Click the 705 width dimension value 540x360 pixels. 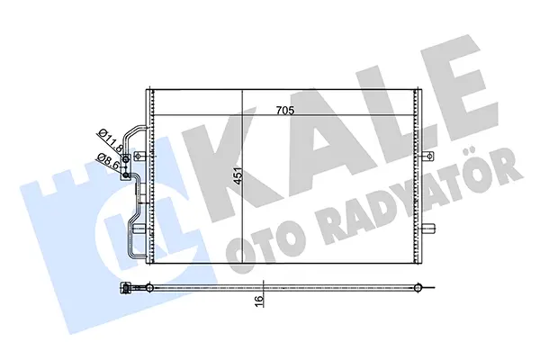[285, 110]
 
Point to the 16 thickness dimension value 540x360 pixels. [259, 301]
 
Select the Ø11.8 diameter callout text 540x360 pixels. [111, 141]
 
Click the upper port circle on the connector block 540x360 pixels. [126, 158]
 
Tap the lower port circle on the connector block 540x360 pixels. [126, 175]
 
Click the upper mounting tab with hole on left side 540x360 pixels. [139, 157]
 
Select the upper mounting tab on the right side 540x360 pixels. [427, 157]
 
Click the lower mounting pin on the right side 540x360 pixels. [428, 228]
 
